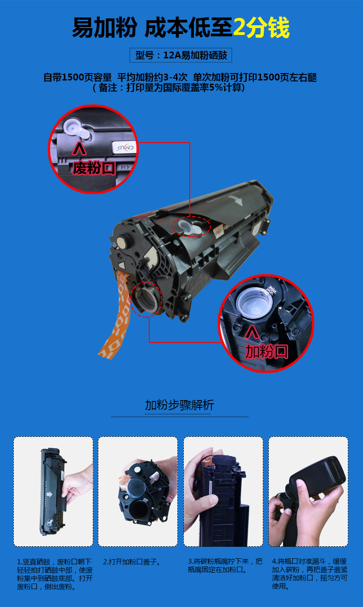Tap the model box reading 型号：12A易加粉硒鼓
[181, 56]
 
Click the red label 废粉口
[94, 168]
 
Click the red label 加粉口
[267, 351]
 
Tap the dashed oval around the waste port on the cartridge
[191, 226]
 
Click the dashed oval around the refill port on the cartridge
[147, 299]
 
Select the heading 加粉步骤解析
[179, 405]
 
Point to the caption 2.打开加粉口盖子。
[132, 561]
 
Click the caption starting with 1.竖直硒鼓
[55, 574]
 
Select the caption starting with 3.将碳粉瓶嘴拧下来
[225, 566]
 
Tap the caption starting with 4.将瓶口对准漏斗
[309, 573]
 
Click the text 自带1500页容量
[78, 77]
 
